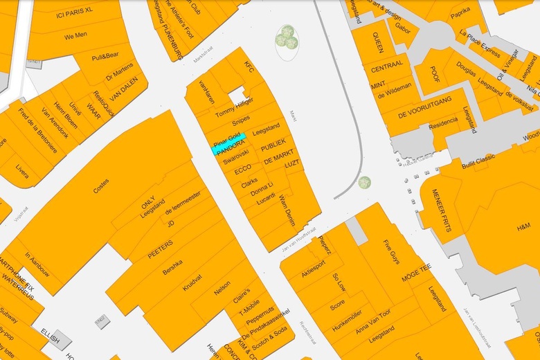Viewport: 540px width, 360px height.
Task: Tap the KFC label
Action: (x=250, y=67)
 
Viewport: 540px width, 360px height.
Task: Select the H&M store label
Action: (x=523, y=226)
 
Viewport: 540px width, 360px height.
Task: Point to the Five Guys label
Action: (x=392, y=252)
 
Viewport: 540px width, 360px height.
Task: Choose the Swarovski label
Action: (x=236, y=159)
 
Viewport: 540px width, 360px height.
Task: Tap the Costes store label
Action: (x=101, y=187)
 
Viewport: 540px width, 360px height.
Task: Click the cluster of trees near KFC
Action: (x=287, y=37)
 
